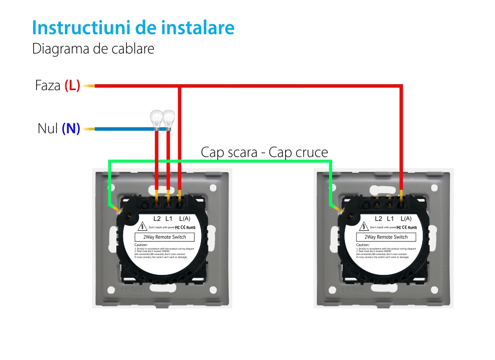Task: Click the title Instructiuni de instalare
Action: (x=133, y=28)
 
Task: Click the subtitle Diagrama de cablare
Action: (x=93, y=49)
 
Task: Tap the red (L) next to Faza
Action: (x=72, y=86)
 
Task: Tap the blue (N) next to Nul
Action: (x=71, y=129)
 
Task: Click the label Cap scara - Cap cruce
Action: (x=264, y=153)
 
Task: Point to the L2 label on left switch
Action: (x=157, y=218)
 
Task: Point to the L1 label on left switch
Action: (x=169, y=218)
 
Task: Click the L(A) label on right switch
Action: (x=406, y=218)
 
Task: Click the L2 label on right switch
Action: (x=379, y=218)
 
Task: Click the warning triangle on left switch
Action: (x=143, y=227)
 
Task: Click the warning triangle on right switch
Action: (x=364, y=227)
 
